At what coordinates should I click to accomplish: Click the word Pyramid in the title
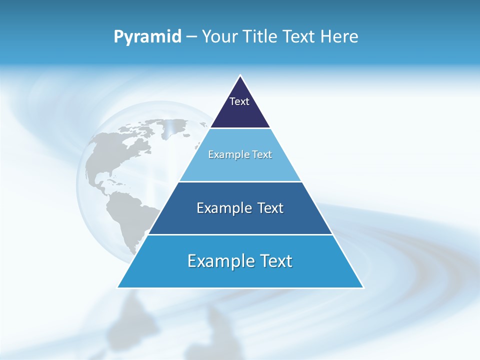tap(147, 36)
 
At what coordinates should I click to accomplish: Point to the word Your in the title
tap(220, 36)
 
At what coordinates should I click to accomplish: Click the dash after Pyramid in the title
tap(191, 37)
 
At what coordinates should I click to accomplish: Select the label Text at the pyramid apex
tap(239, 101)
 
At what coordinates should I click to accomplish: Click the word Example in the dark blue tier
tap(222, 208)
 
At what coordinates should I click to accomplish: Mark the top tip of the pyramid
tap(240, 76)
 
